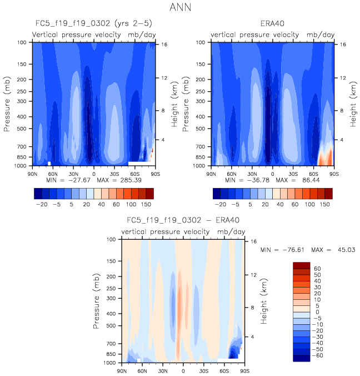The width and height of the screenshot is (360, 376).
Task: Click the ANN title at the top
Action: [180, 8]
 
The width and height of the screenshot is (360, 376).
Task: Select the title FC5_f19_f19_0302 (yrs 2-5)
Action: [93, 24]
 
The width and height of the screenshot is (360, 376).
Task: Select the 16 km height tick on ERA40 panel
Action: [343, 44]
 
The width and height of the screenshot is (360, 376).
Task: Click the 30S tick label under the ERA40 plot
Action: [293, 173]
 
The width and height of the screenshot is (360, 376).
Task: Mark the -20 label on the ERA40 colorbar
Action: [221, 205]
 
